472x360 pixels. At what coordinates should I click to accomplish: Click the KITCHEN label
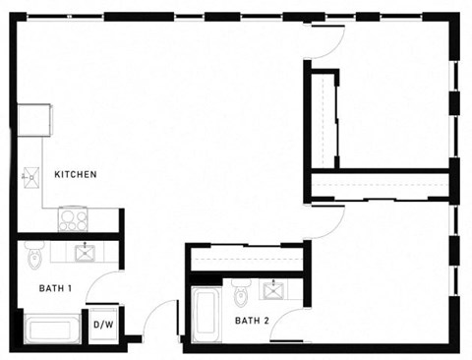[x=75, y=175]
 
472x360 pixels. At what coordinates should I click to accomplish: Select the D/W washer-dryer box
[x=102, y=324]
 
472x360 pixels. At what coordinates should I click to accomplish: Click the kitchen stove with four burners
[x=72, y=219]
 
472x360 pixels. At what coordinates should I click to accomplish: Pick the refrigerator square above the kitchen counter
[x=32, y=118]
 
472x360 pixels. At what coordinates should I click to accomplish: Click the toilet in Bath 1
[x=32, y=258]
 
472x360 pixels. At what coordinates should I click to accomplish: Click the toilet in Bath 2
[x=242, y=292]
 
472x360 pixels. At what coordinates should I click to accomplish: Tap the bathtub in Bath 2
[x=206, y=314]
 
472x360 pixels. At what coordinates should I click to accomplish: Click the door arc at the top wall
[x=328, y=39]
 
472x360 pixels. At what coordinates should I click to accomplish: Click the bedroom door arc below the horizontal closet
[x=327, y=222]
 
